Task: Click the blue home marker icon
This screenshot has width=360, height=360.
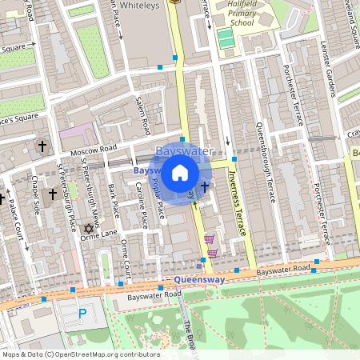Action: point(180,172)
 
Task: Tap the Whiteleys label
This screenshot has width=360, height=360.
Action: point(143,6)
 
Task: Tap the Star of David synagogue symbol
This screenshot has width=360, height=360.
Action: point(89,229)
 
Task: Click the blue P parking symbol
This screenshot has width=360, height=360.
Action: point(82,314)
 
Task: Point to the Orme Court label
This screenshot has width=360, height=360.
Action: point(125,260)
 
